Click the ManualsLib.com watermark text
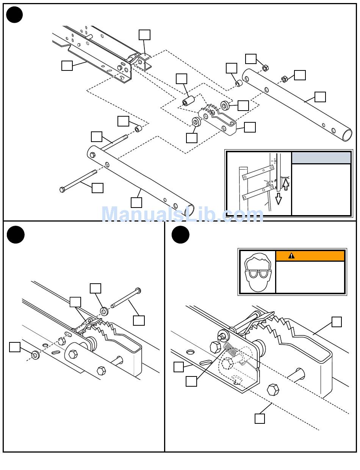[x=182, y=214]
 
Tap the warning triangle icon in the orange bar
[x=291, y=256]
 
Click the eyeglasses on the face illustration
[x=258, y=273]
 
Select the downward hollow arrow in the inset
[x=279, y=198]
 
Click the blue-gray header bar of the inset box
[x=321, y=158]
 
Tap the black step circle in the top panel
[x=14, y=15]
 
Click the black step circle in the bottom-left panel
[x=16, y=234]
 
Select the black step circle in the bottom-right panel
[x=180, y=234]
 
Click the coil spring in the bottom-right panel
[x=230, y=350]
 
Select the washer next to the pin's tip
[x=105, y=311]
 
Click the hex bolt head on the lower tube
[x=92, y=155]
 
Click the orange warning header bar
[x=310, y=256]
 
